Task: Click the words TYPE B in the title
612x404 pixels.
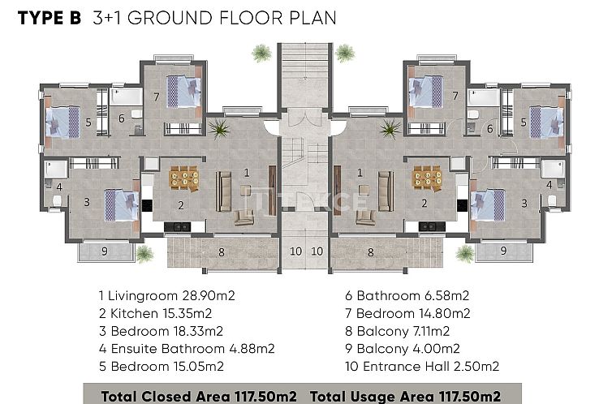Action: pyautogui.click(x=48, y=18)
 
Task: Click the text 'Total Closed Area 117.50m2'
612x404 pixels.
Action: pyautogui.click(x=200, y=396)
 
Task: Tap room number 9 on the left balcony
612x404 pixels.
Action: pyautogui.click(x=105, y=251)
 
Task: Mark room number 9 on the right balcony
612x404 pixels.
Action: pyautogui.click(x=504, y=251)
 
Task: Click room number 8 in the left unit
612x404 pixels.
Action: pyautogui.click(x=222, y=252)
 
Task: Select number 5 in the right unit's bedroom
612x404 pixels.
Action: pyautogui.click(x=524, y=122)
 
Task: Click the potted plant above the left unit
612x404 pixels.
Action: pyautogui.click(x=261, y=54)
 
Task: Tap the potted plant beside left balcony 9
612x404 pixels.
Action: pyautogui.click(x=144, y=254)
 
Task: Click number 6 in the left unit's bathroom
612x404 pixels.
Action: pyautogui.click(x=122, y=118)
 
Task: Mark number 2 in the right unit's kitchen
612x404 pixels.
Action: pyautogui.click(x=424, y=204)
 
